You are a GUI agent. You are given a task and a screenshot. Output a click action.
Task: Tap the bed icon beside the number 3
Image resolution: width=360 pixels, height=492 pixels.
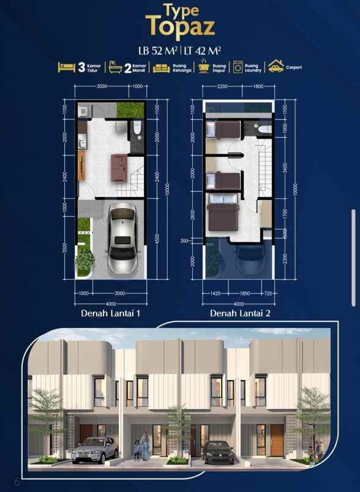(x=67, y=67)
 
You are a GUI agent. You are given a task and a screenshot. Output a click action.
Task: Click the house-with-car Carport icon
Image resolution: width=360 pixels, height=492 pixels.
(x=276, y=67)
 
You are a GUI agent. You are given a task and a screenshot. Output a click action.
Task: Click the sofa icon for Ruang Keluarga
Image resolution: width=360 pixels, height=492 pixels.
(x=161, y=67)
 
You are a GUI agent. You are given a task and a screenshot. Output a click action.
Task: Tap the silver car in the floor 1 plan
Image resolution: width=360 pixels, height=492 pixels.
(x=123, y=240)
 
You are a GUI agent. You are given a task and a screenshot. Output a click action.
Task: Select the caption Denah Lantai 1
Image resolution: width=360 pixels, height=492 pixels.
(x=111, y=313)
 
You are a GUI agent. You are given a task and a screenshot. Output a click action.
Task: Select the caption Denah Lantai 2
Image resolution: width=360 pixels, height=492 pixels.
(x=239, y=313)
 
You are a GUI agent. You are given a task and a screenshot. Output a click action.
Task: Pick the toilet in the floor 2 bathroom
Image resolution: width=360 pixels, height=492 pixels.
(x=264, y=129)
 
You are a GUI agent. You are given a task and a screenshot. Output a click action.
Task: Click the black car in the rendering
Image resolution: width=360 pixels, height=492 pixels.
(x=219, y=452)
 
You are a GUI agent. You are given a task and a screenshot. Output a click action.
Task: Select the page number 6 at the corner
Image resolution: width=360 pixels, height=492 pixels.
(x=17, y=482)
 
